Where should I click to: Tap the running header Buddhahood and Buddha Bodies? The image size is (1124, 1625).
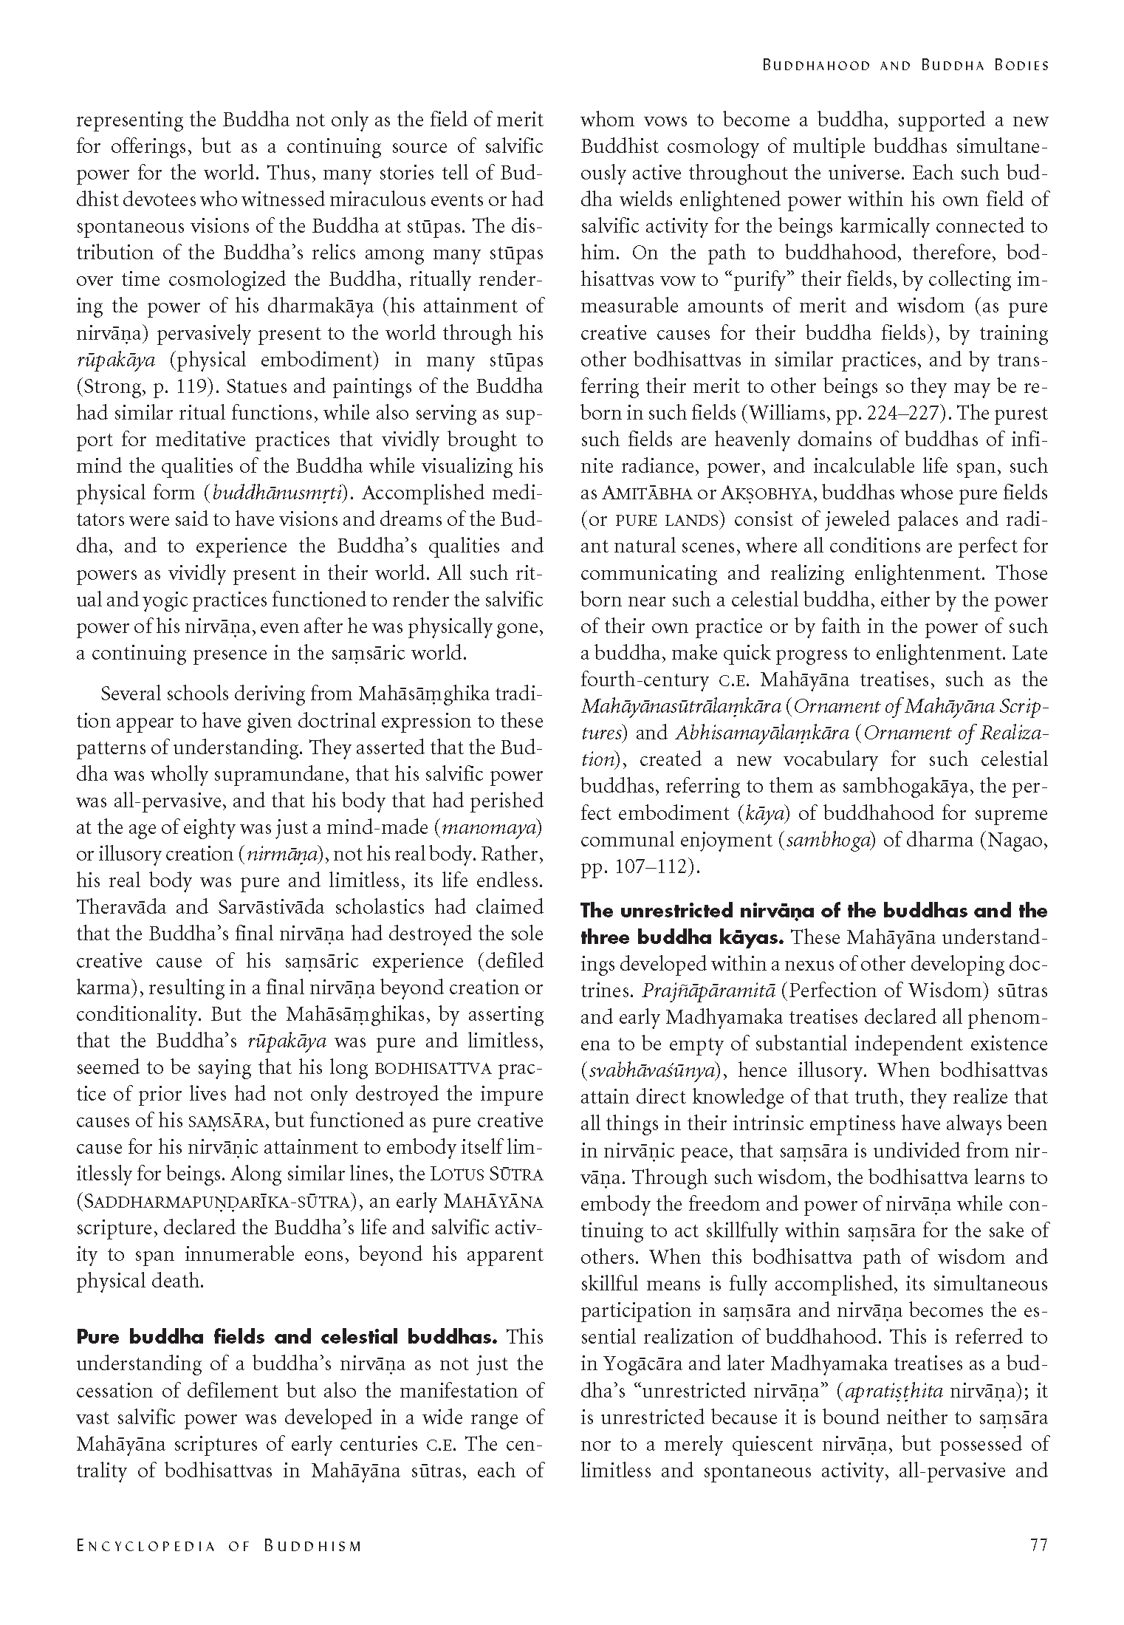905,65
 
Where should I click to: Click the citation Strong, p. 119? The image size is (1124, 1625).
142,386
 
